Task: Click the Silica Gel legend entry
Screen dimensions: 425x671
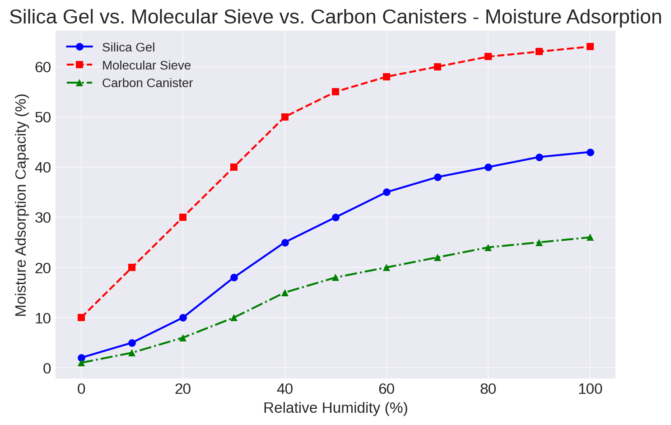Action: (x=128, y=47)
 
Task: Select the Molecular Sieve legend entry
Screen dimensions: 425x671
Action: (x=146, y=65)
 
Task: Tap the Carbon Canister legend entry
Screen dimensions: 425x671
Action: (x=147, y=84)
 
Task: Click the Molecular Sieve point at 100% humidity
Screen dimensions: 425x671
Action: (x=590, y=47)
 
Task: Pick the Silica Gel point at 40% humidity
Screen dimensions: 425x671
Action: (x=285, y=243)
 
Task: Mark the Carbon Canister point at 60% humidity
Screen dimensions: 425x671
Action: (x=387, y=267)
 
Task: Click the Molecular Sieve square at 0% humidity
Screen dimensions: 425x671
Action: (x=81, y=318)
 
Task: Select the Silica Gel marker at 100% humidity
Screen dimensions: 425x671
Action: (x=590, y=152)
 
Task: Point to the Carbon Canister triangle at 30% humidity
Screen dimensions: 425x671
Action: (x=234, y=318)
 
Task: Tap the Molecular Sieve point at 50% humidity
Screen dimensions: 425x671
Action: (x=335, y=92)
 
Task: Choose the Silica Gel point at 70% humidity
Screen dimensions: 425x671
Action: (x=438, y=177)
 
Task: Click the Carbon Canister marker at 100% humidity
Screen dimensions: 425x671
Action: (x=590, y=238)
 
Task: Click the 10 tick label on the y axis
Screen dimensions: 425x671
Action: (x=42, y=318)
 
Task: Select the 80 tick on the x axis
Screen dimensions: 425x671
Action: (x=488, y=389)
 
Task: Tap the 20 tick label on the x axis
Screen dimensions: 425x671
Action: (x=183, y=389)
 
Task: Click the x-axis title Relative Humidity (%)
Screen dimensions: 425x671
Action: (x=335, y=408)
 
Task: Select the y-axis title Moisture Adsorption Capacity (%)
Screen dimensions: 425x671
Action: (x=21, y=205)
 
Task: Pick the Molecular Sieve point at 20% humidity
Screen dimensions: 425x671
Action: (x=183, y=217)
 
